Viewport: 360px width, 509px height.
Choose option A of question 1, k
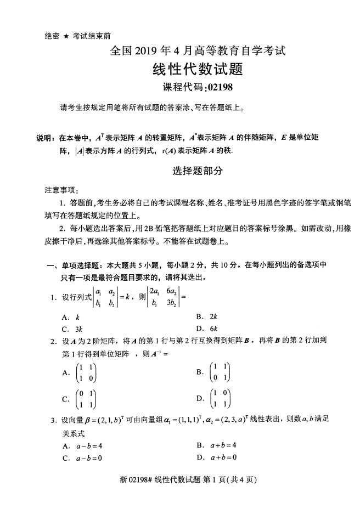coord(77,317)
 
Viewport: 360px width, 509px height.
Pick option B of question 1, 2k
coord(214,316)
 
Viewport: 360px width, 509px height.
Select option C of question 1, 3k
coord(78,329)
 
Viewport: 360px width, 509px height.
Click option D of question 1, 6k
coord(214,329)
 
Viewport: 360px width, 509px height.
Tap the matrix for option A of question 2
coord(87,372)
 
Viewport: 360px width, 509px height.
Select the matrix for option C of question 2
coord(87,398)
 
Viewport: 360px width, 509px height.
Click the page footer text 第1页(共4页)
coord(230,479)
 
